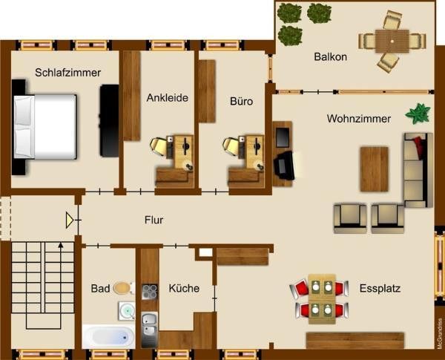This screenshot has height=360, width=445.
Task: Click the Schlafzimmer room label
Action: [x=67, y=73]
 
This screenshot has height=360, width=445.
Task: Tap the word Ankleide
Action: [x=167, y=97]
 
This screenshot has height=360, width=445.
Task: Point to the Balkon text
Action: [x=330, y=56]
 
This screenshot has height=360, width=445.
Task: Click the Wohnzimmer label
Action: [x=359, y=119]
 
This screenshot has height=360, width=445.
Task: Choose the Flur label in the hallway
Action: [x=154, y=220]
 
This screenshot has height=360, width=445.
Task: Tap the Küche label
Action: [x=183, y=288]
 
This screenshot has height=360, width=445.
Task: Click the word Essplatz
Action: [x=380, y=288]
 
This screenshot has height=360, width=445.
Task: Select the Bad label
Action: [x=100, y=288]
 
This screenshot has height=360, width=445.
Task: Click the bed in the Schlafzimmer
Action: [x=46, y=127]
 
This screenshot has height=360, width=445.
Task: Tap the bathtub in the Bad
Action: [x=108, y=337]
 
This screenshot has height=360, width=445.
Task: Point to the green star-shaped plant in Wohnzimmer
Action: [x=418, y=114]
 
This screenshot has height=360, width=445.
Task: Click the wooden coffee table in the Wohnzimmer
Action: [x=374, y=168]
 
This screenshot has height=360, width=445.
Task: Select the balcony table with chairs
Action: [x=392, y=40]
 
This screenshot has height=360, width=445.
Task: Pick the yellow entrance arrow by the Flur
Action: [x=70, y=220]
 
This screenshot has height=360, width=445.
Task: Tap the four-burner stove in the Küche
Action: [x=149, y=292]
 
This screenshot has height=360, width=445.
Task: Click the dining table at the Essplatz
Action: [x=322, y=298]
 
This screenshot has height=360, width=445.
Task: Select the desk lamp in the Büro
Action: [x=231, y=146]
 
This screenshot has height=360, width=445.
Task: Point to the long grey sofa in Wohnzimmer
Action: [x=418, y=170]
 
